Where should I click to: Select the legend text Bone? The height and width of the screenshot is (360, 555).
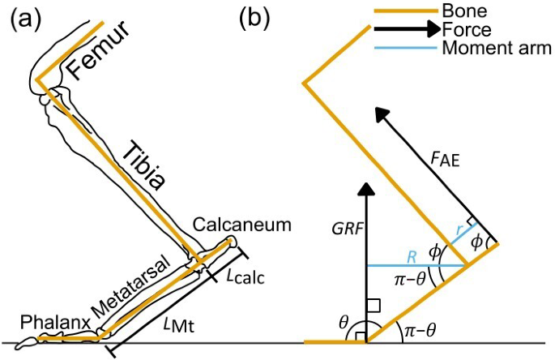pos(463,11)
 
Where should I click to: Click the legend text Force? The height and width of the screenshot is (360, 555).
pos(467,30)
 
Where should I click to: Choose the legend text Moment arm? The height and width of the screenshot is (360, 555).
pos(497,49)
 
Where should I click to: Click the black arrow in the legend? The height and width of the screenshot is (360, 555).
pos(405,29)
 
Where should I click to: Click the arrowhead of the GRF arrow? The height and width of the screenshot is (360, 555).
pos(365,189)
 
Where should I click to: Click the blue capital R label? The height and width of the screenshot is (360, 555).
pos(412,255)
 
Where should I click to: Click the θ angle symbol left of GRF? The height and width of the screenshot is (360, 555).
pos(344,324)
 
